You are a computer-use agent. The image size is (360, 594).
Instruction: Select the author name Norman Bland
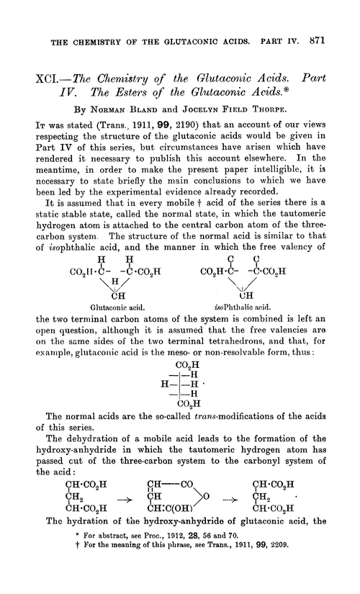(x=126, y=107)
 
